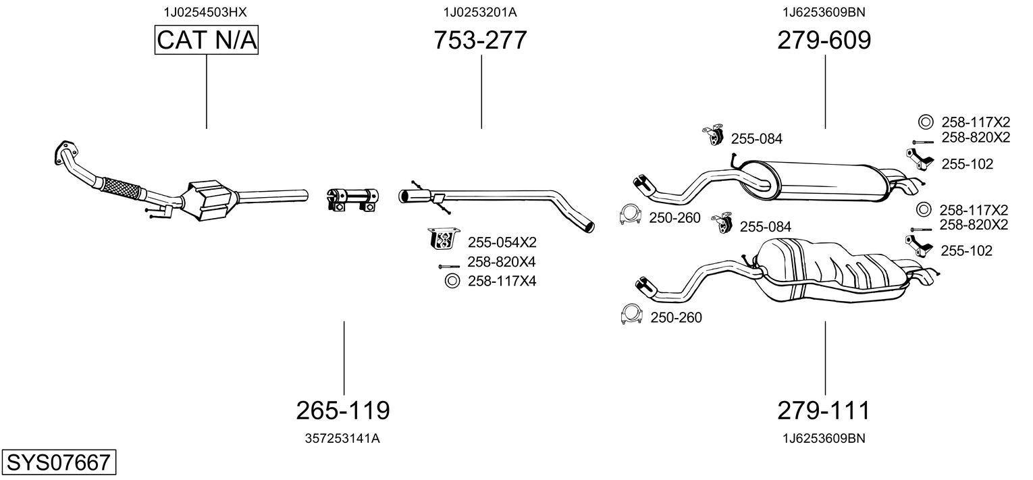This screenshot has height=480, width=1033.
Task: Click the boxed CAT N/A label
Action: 206,41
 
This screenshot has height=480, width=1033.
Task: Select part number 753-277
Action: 480,41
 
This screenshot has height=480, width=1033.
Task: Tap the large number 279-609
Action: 824,41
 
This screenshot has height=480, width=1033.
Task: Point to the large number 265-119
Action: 343,410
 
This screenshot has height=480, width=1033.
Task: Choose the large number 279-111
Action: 824,410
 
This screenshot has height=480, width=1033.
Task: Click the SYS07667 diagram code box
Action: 58,463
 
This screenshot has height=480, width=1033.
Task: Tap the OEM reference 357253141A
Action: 343,438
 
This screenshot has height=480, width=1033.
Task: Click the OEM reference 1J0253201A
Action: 480,12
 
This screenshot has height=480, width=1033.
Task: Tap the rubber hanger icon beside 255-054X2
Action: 443,240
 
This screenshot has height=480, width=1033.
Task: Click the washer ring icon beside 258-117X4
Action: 451,281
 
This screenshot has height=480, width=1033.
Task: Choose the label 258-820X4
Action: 502,262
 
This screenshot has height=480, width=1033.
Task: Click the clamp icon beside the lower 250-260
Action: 631,315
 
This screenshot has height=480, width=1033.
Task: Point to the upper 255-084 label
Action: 756,139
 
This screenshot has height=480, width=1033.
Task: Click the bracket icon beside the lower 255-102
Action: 920,245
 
